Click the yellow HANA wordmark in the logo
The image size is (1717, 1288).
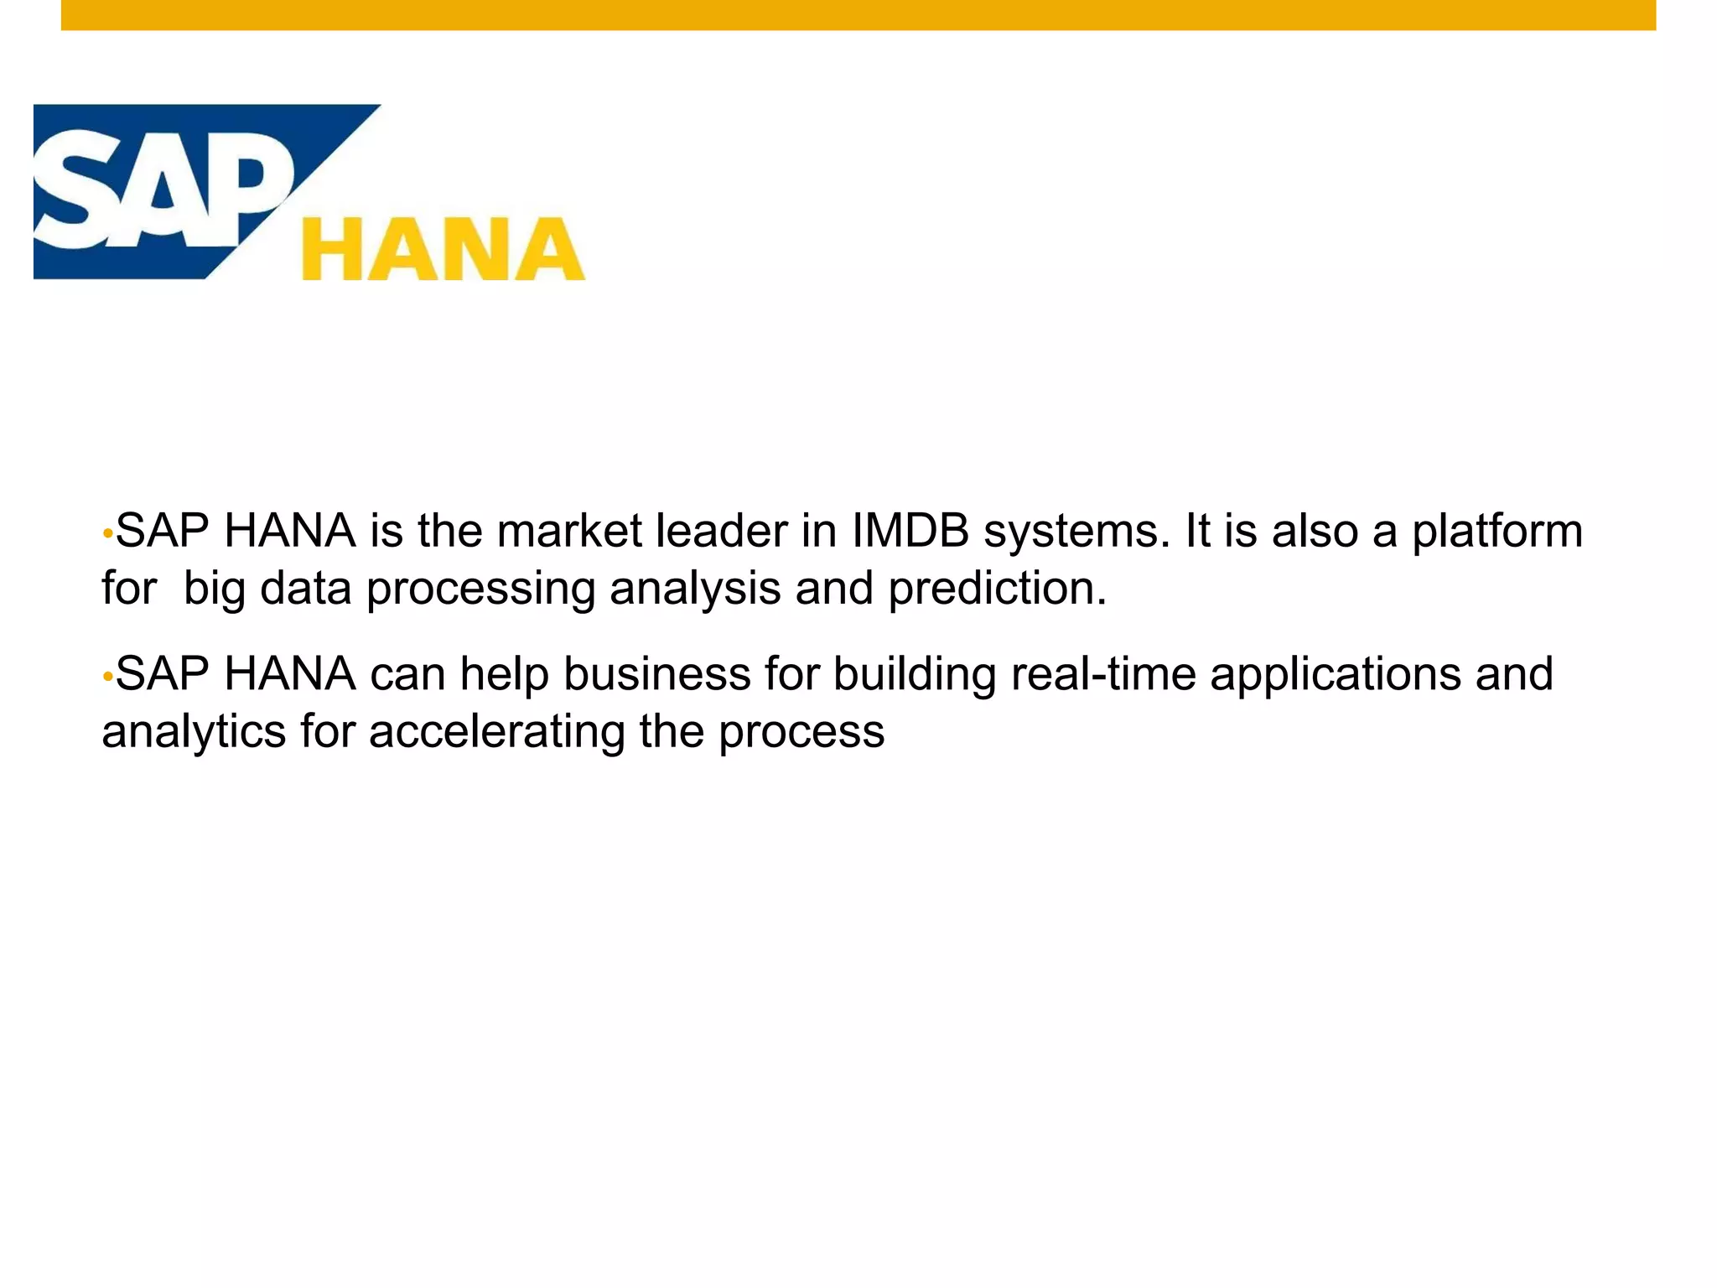[443, 249]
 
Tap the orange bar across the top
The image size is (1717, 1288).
[858, 15]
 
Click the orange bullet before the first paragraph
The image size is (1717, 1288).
[107, 534]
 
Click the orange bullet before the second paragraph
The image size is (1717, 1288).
[107, 677]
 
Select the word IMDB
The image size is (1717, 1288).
[910, 532]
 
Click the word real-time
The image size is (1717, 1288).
[1102, 674]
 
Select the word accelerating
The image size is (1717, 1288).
[496, 732]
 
